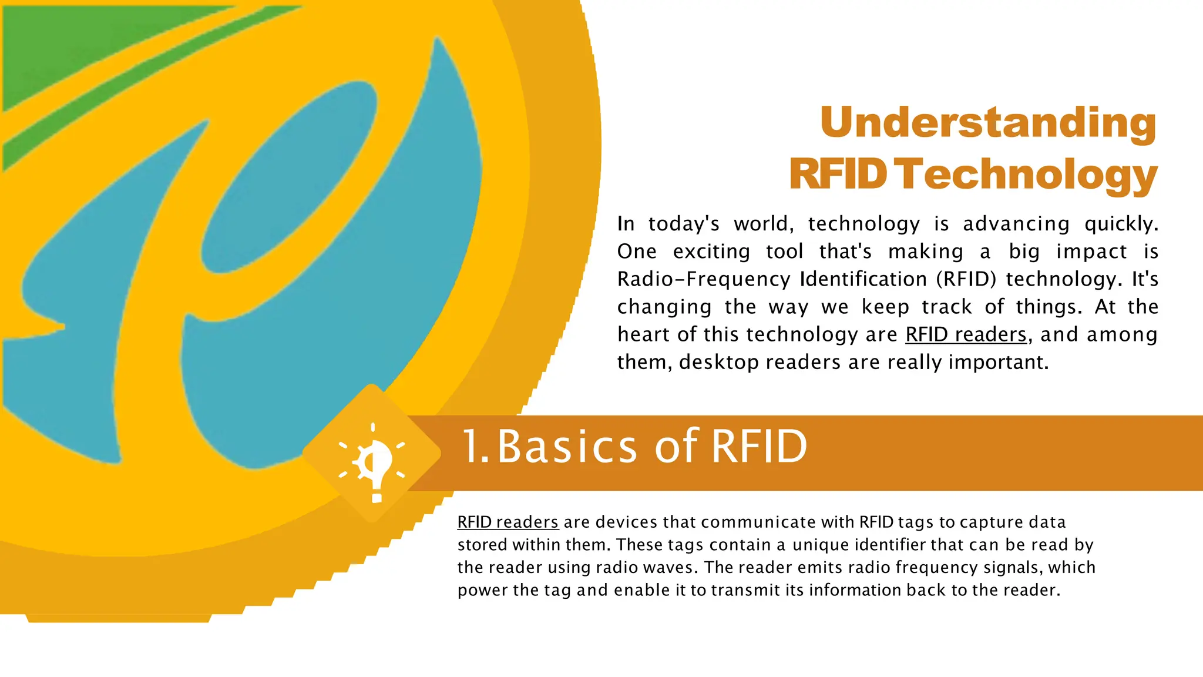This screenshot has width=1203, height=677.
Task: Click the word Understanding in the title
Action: [x=988, y=123]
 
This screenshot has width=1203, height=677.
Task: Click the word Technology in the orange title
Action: [x=1028, y=175]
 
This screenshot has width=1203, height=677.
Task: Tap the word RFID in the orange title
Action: [x=838, y=175]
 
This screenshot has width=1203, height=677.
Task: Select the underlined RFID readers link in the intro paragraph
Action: [x=966, y=334]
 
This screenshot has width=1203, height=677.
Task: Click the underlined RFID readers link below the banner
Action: [x=508, y=522]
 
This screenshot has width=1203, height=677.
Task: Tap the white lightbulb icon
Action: [x=374, y=462]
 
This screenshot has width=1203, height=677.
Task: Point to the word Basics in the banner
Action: [x=567, y=447]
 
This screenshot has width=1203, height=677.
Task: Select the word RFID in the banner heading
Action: [x=759, y=447]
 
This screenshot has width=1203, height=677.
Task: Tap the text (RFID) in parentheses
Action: [x=966, y=279]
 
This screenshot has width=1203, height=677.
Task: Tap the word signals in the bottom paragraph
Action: [x=1013, y=567]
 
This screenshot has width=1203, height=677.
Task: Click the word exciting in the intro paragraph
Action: [x=711, y=252]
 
